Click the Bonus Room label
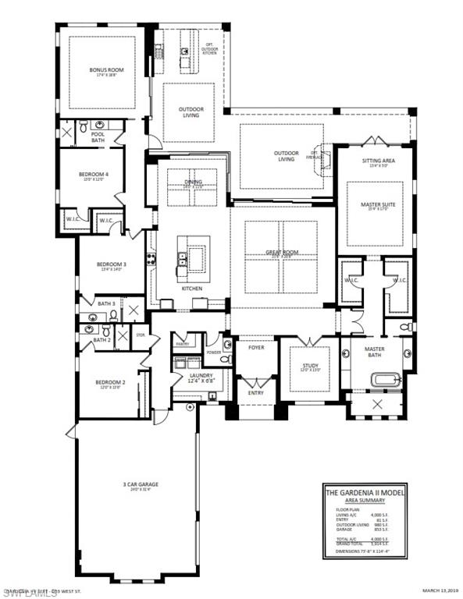click(x=106, y=71)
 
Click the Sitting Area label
click(x=378, y=162)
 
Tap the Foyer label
click(x=256, y=347)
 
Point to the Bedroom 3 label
click(x=112, y=265)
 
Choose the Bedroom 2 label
click(x=109, y=382)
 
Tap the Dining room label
click(x=193, y=183)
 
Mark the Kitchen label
click(x=192, y=289)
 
